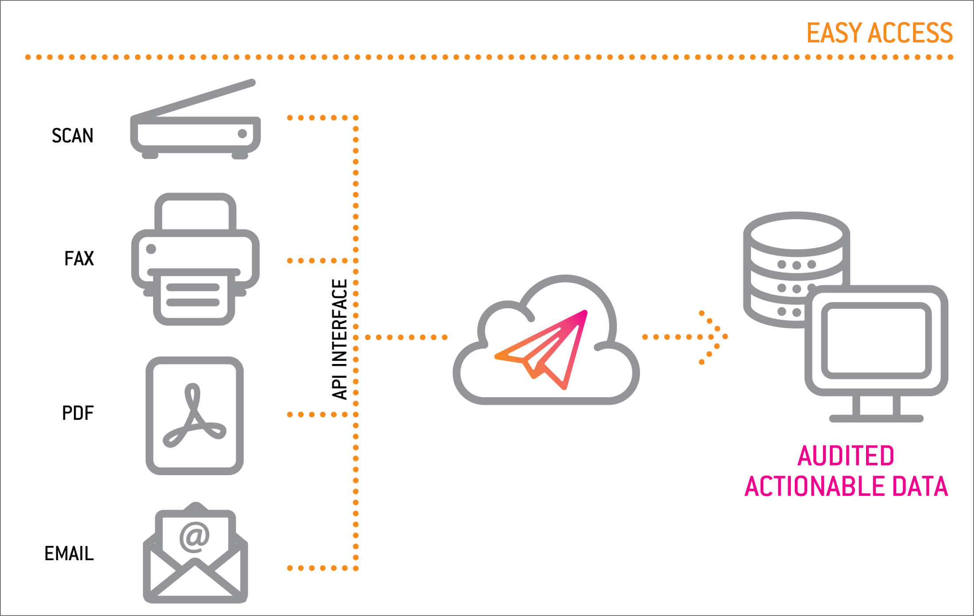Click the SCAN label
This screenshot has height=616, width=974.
(x=72, y=136)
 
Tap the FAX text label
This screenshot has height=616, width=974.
(x=79, y=259)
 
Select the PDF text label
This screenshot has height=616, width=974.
(x=78, y=413)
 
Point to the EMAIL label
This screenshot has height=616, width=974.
(x=69, y=554)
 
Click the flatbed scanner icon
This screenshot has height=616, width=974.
(x=195, y=128)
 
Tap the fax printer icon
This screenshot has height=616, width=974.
(x=195, y=259)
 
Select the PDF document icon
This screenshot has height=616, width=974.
(x=195, y=416)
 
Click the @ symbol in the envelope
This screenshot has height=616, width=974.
(x=194, y=536)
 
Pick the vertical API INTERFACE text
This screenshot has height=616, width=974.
(x=339, y=340)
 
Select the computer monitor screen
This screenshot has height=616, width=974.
(x=876, y=341)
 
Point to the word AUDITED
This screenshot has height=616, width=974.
(x=846, y=456)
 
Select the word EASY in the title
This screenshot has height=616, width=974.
(x=834, y=33)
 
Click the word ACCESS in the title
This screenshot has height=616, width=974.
(x=910, y=33)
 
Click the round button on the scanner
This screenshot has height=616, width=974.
(x=243, y=134)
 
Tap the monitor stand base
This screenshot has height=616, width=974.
(x=876, y=418)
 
